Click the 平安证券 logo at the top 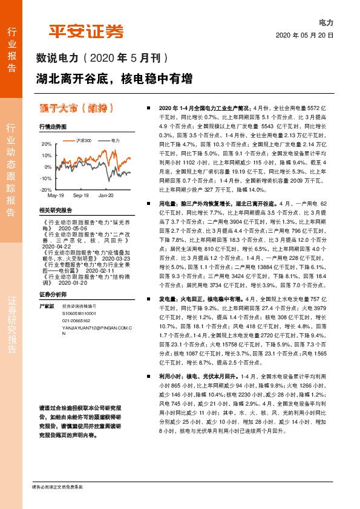[86, 31]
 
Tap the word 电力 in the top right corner [326, 22]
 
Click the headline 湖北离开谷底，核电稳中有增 [114, 79]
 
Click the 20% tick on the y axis [47, 144]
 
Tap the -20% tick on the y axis [45, 190]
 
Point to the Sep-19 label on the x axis [80, 196]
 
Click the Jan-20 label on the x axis [106, 196]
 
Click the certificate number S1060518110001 [79, 314]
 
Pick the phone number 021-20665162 [75, 320]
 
